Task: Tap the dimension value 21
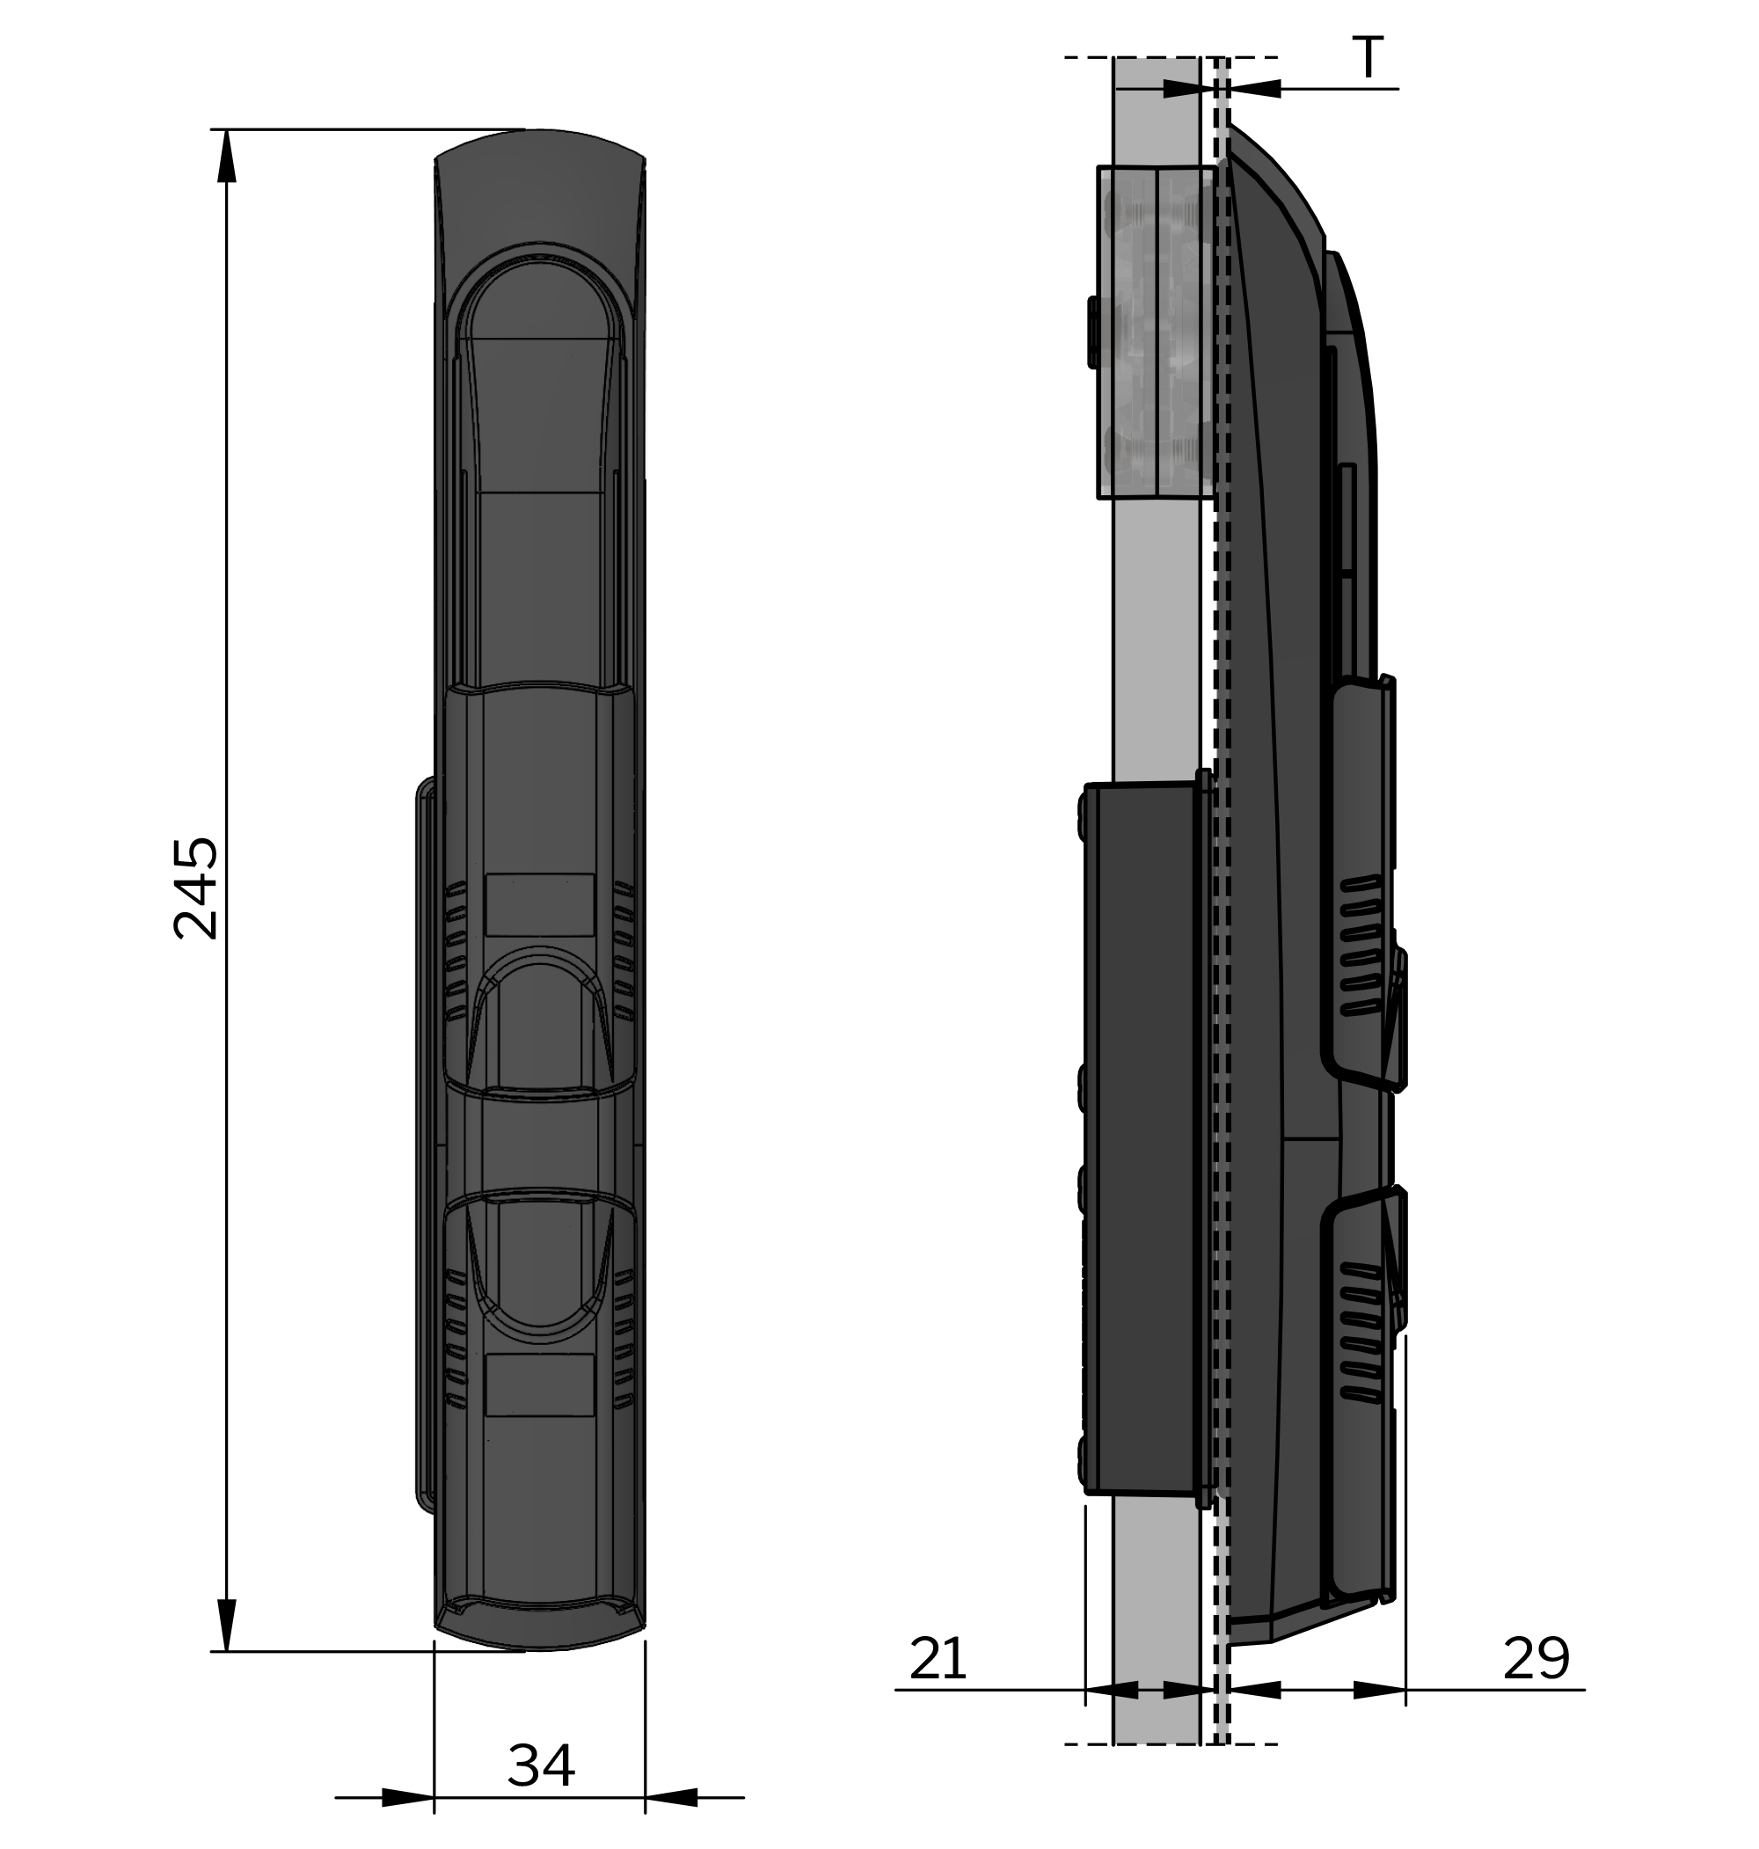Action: [937, 1659]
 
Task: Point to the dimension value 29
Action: [1536, 1659]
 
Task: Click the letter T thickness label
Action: [1369, 58]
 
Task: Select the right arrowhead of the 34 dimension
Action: [671, 1797]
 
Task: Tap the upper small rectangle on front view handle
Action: [540, 905]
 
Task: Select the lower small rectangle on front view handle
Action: [540, 1384]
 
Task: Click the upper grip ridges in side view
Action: [1360, 947]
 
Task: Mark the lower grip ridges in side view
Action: [1360, 1332]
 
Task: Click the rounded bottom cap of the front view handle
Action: [540, 1626]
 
